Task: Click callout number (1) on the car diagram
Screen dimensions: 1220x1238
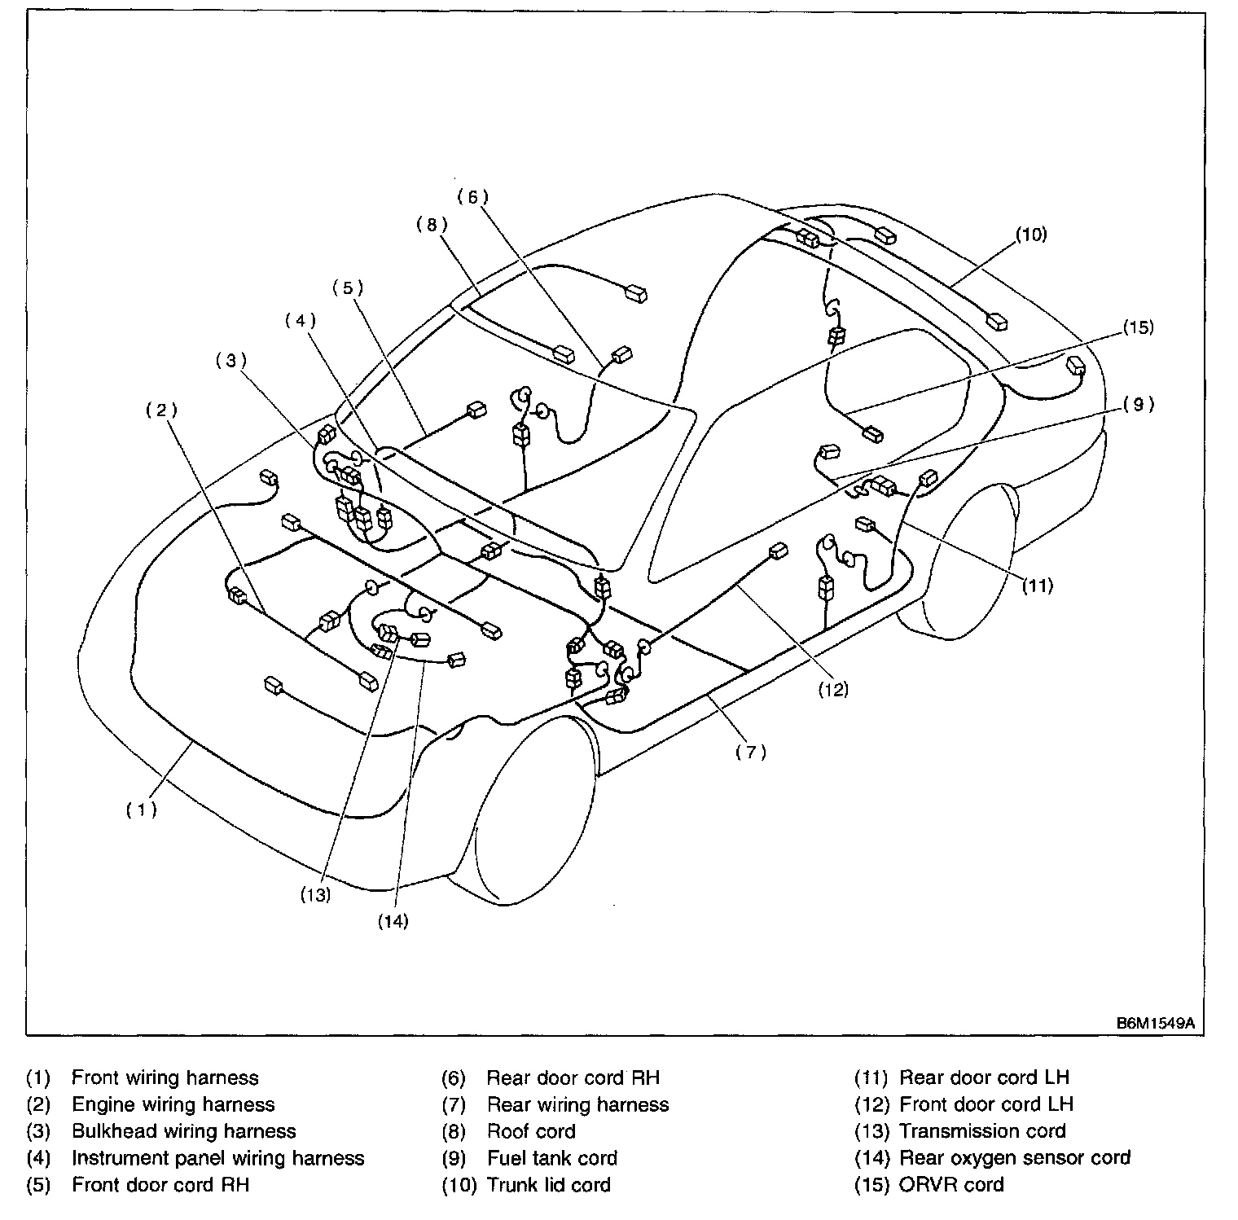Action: tap(141, 810)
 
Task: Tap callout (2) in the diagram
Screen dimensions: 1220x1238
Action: tap(161, 410)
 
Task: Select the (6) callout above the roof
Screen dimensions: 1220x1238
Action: tap(472, 196)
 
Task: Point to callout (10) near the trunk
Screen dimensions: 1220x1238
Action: tap(1030, 235)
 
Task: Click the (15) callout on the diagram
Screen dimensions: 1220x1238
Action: tap(1138, 327)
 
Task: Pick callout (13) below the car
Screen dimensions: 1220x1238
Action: tap(314, 894)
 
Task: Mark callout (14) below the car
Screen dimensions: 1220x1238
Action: tap(393, 921)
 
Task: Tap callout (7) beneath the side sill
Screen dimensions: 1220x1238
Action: tap(750, 753)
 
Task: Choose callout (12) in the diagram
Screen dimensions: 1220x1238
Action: tap(833, 689)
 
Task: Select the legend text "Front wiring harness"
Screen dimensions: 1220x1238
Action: tap(165, 1077)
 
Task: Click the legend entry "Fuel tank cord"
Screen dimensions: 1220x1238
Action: tap(552, 1157)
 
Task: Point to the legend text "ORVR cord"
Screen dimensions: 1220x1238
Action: tap(951, 1184)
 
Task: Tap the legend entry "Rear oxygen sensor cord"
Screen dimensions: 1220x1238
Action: tap(1015, 1157)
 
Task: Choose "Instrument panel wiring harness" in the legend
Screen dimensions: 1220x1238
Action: tap(218, 1157)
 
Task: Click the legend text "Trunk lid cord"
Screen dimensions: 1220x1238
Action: tap(548, 1184)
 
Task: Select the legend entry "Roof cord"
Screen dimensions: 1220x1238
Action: tap(531, 1131)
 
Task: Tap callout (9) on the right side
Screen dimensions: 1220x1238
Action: tap(1138, 404)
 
